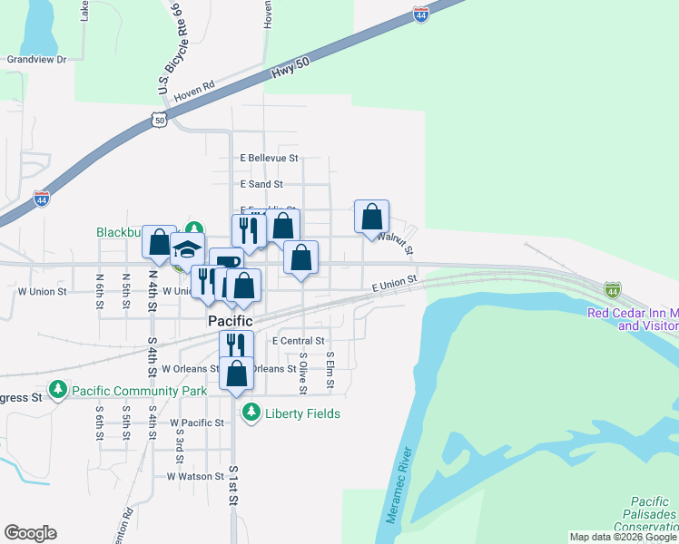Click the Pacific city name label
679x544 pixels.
[x=230, y=321]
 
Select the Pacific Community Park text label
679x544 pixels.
[x=130, y=391]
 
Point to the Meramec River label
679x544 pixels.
[x=399, y=486]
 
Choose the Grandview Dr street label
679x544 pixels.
[x=37, y=60]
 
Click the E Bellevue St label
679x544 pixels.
[x=269, y=158]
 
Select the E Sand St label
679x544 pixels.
[x=261, y=184]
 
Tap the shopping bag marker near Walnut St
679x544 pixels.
[x=371, y=217]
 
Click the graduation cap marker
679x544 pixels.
[x=187, y=248]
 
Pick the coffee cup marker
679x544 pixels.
[x=226, y=262]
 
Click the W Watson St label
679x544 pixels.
[x=195, y=476]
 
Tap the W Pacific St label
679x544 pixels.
[x=197, y=423]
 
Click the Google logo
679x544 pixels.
[x=30, y=533]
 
